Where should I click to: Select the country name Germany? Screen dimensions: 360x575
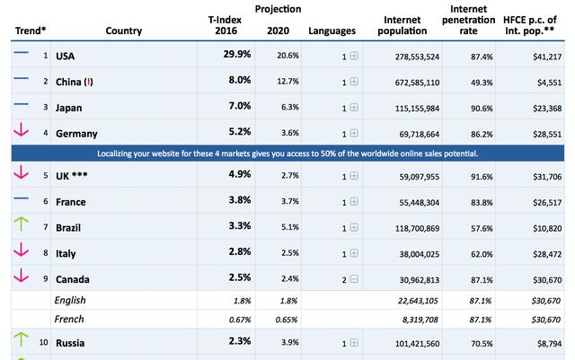(x=77, y=132)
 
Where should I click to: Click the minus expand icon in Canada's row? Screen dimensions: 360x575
(x=354, y=279)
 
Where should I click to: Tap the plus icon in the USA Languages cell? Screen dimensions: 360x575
(x=354, y=57)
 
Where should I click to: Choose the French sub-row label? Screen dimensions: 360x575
(x=69, y=319)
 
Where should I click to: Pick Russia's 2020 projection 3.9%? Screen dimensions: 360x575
(x=289, y=342)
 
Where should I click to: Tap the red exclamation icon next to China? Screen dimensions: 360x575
(x=87, y=82)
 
